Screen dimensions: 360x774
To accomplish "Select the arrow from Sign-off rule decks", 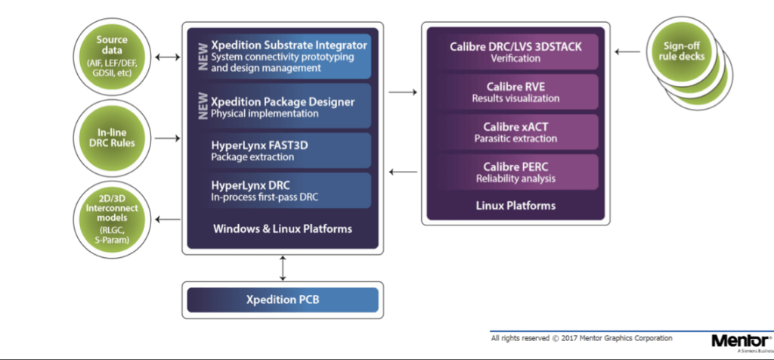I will [627, 52].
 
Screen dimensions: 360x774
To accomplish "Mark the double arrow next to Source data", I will [169, 55].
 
